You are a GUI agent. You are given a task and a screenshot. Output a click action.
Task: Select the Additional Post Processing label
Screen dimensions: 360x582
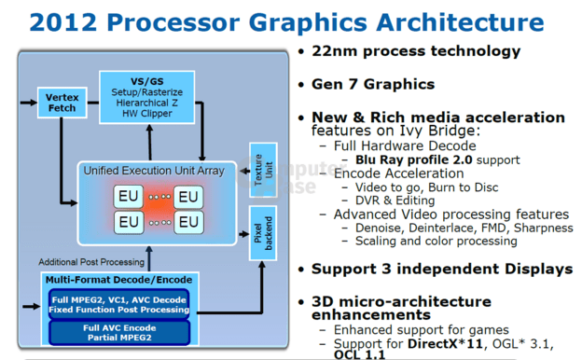(x=91, y=262)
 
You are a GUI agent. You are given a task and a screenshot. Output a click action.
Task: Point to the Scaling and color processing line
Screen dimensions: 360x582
(x=436, y=241)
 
